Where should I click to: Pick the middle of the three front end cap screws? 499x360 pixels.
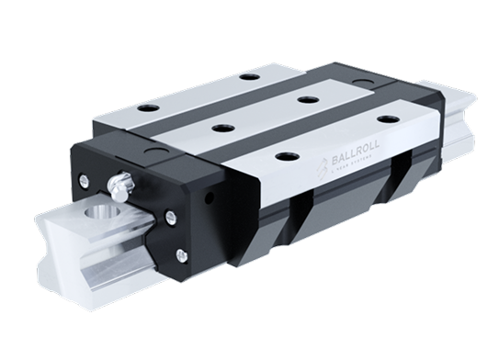click(x=173, y=217)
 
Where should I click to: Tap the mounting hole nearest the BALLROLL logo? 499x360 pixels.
click(x=290, y=157)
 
